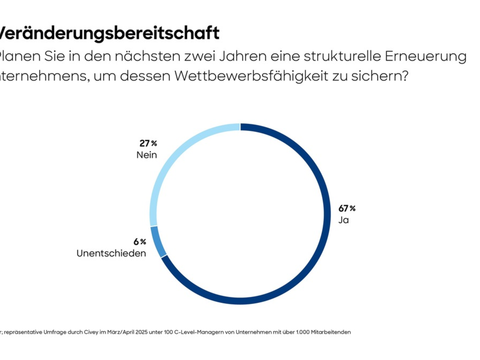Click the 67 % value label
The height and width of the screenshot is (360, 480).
click(x=347, y=208)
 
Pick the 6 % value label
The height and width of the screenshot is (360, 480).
click(x=140, y=242)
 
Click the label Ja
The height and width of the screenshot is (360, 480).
click(x=344, y=220)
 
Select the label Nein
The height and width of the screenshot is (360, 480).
click(x=146, y=155)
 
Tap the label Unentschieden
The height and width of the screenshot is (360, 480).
click(x=111, y=253)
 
